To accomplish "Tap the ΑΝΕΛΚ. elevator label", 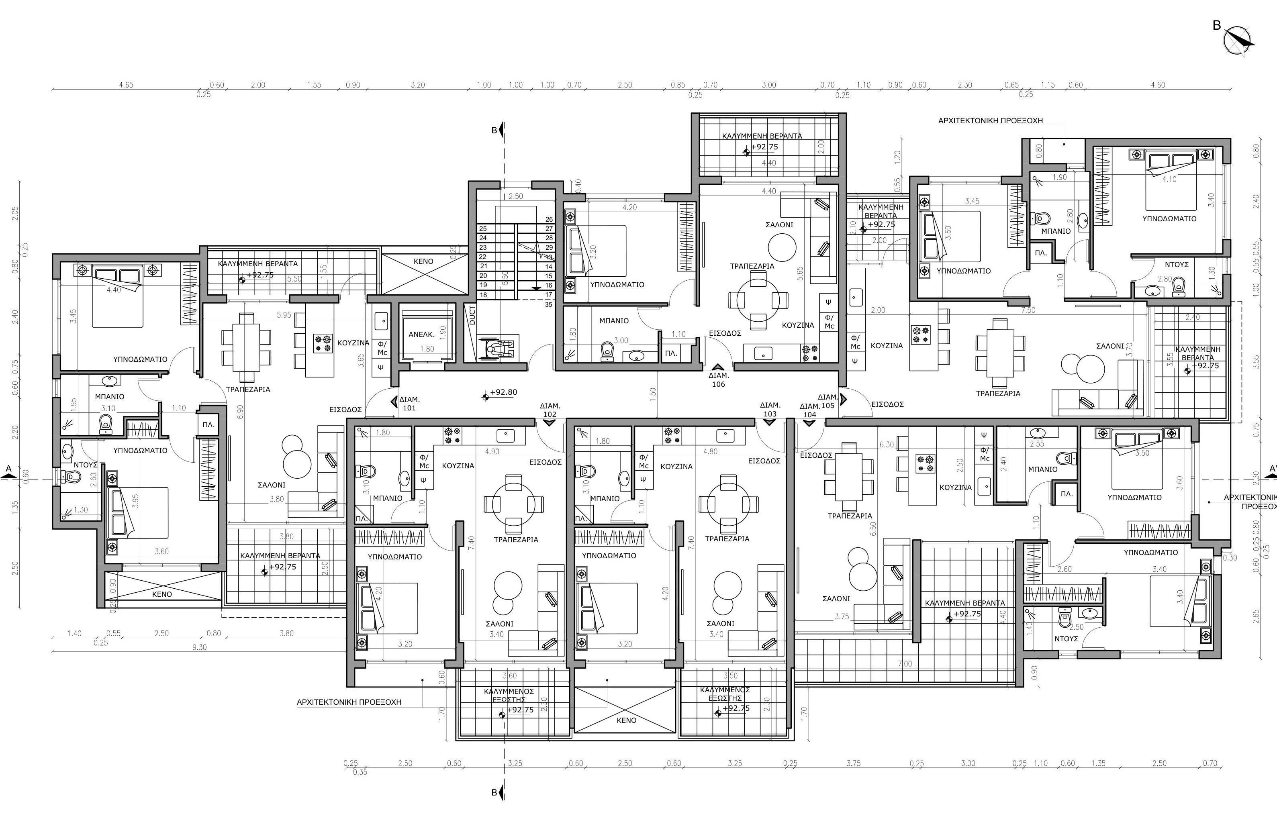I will point(421,334).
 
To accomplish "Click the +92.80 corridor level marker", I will point(503,392).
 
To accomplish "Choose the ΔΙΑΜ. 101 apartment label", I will point(409,403).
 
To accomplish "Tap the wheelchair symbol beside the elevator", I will point(498,348).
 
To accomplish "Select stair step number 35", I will point(548,304).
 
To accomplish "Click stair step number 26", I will point(549,219).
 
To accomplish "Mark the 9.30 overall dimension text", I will point(199,647).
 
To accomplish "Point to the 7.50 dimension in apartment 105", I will point(1028,310).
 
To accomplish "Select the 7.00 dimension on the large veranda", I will point(904,663).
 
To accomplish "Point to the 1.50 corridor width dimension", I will point(653,394).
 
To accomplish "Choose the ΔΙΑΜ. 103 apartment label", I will point(769,409).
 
